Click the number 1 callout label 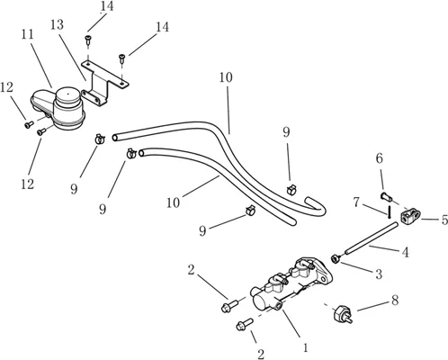coord(305,347)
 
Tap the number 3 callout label coord(379,274)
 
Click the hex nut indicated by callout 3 coord(335,258)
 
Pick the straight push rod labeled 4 coord(372,237)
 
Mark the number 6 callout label coord(380,158)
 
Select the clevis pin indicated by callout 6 coord(387,197)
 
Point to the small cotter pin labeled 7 coord(389,211)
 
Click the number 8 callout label coord(395,300)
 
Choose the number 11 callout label coord(27,34)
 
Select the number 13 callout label coord(57,24)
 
